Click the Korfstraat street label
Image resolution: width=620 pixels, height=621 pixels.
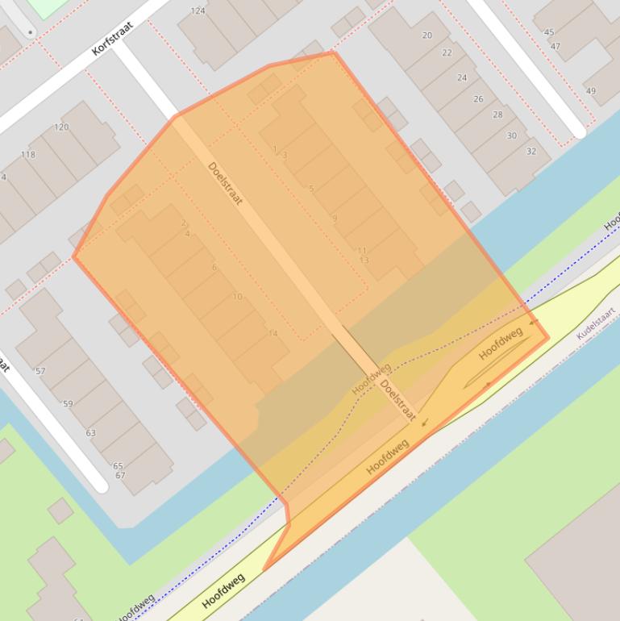tap(112, 38)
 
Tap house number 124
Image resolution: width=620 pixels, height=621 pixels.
tap(198, 11)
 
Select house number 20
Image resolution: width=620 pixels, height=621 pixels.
tap(427, 35)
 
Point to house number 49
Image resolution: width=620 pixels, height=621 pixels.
tap(591, 91)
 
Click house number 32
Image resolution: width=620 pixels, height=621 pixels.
tap(531, 152)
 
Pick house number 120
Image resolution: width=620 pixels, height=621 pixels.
tap(61, 127)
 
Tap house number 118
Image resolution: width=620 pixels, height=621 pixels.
tap(28, 155)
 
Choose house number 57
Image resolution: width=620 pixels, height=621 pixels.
tap(40, 372)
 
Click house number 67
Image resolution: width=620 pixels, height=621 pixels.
tap(120, 475)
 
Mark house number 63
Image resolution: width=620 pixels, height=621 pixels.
tap(90, 433)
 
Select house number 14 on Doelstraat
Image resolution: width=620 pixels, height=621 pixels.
tap(273, 333)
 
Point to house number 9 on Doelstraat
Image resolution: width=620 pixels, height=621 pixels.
tap(334, 219)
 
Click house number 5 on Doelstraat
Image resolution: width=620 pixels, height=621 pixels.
tap(311, 189)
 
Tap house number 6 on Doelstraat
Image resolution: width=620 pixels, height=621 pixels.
tap(214, 267)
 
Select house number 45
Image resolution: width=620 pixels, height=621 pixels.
tap(549, 33)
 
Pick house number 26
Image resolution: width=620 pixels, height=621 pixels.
tap(479, 99)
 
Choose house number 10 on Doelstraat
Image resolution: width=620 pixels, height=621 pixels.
tap(237, 297)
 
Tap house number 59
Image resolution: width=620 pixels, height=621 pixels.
tap(68, 404)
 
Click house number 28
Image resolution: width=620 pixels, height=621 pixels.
tap(497, 115)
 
